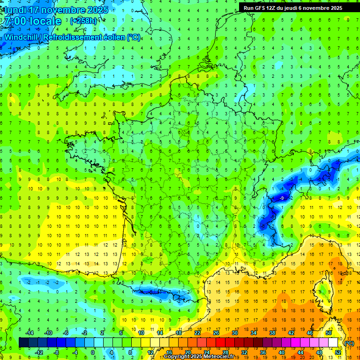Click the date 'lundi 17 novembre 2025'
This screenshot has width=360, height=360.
click(x=56, y=9)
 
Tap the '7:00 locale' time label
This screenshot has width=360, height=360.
click(x=32, y=21)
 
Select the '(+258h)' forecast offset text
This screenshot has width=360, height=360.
click(x=84, y=21)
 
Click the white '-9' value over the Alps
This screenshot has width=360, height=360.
click(x=282, y=198)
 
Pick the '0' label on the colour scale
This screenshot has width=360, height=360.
click(x=93, y=352)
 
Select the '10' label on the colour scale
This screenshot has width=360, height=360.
click(x=141, y=333)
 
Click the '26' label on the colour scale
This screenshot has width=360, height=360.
click(x=216, y=333)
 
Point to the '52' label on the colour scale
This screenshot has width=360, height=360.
click(x=337, y=352)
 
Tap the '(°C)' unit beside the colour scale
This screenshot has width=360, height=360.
click(x=349, y=343)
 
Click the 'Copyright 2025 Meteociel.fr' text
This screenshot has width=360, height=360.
click(x=199, y=357)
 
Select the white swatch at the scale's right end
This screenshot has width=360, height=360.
click(x=333, y=343)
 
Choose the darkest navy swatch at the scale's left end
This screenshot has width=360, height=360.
click(x=23, y=343)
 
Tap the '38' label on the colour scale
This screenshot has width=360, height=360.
click(x=272, y=333)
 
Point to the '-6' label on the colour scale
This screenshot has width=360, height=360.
click(x=66, y=333)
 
